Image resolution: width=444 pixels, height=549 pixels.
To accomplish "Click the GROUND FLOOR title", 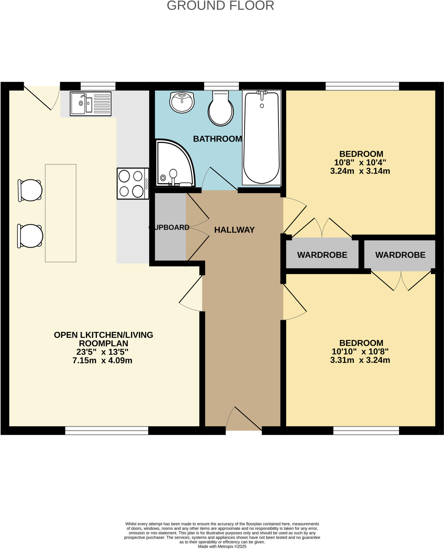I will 220,6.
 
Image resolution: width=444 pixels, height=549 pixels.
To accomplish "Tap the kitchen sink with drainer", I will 90,104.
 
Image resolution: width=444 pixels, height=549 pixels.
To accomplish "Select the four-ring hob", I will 133,184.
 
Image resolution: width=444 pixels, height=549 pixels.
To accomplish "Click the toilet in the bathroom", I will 221,110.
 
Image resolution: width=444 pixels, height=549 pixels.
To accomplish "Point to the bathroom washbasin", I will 182,102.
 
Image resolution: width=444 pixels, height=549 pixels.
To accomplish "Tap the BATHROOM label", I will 217,139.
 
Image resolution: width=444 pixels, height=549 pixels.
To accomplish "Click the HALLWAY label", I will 234,230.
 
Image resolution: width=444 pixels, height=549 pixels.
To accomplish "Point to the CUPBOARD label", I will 169,227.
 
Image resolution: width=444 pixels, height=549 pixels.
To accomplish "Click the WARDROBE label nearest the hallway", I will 322,255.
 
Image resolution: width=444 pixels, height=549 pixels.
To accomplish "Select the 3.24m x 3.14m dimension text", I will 360,171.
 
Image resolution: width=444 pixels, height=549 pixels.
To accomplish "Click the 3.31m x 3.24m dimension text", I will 360,360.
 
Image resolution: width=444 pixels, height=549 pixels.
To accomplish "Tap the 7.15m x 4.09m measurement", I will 102,361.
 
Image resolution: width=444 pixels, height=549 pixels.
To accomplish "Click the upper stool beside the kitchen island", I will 30,190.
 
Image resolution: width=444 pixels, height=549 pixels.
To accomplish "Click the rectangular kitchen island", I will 61,213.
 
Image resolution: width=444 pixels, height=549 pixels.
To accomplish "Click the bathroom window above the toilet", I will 221,86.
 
